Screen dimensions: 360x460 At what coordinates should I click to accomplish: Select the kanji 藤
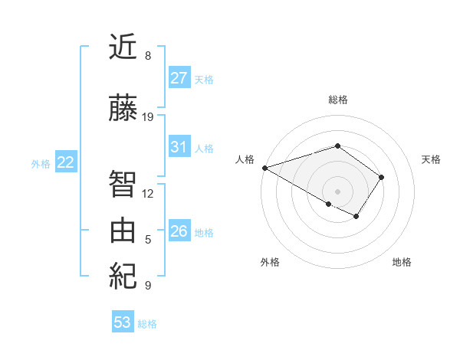[x=123, y=108]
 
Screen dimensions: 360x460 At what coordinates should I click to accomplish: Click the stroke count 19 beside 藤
[x=148, y=117]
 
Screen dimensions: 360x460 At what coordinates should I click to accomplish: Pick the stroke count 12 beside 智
[x=148, y=194]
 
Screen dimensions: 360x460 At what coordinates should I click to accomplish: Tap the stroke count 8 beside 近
[x=148, y=56]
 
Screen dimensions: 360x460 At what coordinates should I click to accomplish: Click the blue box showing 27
[x=179, y=78]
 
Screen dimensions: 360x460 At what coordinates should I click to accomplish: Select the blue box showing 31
[x=179, y=147]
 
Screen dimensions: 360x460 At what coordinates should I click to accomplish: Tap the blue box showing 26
[x=179, y=231]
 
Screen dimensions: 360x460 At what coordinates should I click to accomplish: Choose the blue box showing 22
[x=66, y=162]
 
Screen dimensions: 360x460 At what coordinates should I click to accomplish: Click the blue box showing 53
[x=123, y=322]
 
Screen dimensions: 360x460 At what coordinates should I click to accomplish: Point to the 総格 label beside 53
[x=147, y=324]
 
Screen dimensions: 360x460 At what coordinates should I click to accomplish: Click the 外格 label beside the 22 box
[x=41, y=163]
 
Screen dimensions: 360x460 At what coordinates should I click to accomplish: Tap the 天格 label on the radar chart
[x=432, y=159]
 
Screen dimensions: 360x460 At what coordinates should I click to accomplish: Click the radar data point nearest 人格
[x=264, y=168]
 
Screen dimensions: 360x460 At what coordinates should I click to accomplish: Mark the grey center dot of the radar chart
[x=337, y=191]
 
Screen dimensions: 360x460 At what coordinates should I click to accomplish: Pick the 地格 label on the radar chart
[x=402, y=263]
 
